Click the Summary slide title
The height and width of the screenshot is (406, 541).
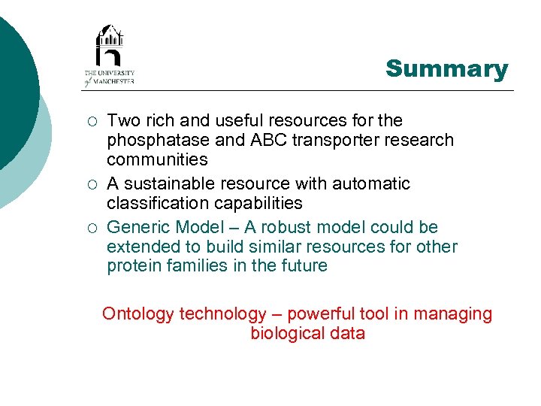446,69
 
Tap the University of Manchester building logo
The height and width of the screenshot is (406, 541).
109,46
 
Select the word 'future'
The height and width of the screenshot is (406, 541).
301,265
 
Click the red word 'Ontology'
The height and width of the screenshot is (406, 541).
138,314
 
